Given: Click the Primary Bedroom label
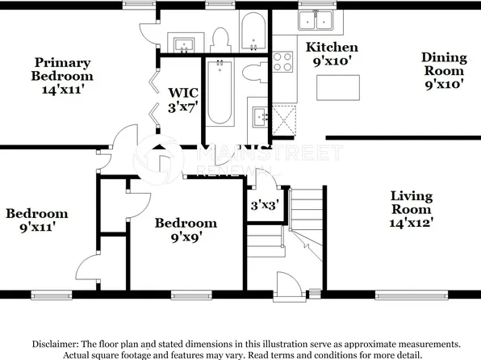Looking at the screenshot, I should pos(62,76).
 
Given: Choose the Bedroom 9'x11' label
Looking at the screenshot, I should pos(36,220).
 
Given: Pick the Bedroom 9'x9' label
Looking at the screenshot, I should pos(186,230).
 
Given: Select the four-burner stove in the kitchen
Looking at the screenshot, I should pos(283,61).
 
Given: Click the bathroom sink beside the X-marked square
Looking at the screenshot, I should pos(260,119).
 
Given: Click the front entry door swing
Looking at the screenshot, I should pos(288,284).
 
